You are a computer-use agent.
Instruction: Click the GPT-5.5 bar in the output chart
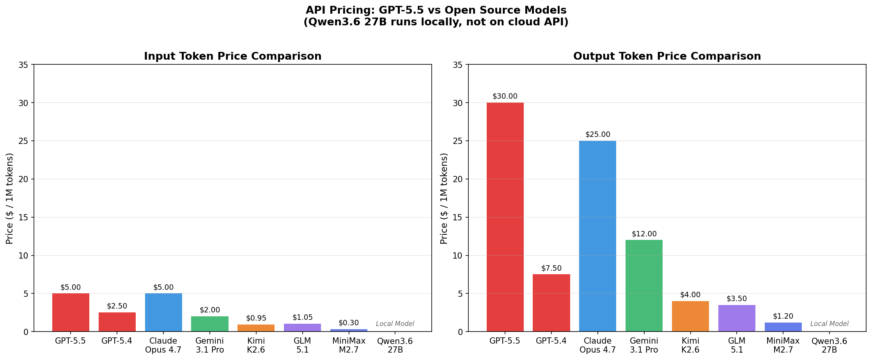(x=505, y=217)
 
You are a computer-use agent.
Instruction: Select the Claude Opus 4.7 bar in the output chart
(x=597, y=236)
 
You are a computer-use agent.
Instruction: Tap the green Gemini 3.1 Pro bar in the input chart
(x=210, y=324)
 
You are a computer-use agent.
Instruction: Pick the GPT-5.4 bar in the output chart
(x=551, y=303)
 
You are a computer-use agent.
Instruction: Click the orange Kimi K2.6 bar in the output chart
(x=690, y=316)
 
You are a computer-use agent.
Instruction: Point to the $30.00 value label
(x=505, y=96)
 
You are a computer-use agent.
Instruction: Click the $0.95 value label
(x=256, y=318)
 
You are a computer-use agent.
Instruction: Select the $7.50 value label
(x=551, y=268)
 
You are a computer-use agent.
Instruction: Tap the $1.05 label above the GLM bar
(x=303, y=317)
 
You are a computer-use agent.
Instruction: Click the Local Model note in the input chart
(x=395, y=324)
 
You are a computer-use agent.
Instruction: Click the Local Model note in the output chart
(x=829, y=324)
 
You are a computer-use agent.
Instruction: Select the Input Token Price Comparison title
(x=233, y=57)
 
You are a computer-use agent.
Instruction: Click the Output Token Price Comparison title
(x=667, y=57)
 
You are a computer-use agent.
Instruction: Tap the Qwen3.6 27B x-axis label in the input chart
(x=395, y=346)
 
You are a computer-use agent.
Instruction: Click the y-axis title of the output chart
(x=444, y=198)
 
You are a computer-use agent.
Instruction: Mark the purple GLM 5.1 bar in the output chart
(x=737, y=318)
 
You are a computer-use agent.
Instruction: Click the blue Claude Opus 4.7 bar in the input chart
(x=163, y=312)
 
